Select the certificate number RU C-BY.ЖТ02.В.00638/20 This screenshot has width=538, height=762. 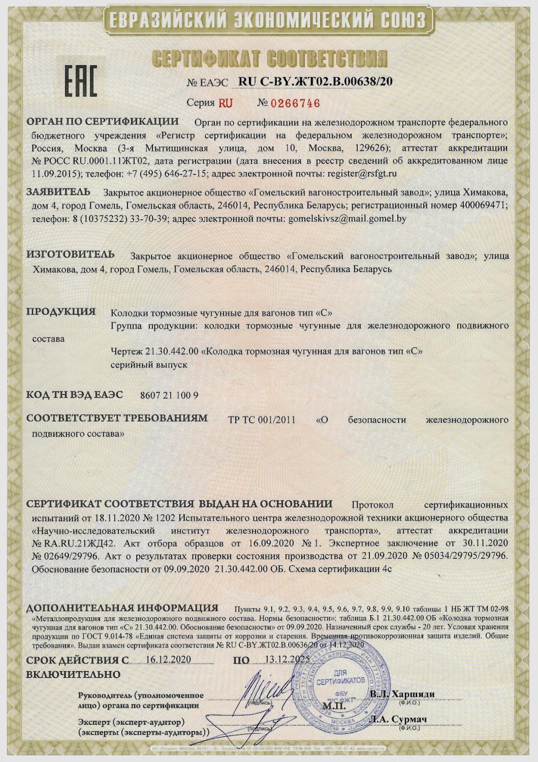pyautogui.click(x=315, y=82)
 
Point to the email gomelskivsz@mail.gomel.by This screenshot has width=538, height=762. pyautogui.click(x=347, y=219)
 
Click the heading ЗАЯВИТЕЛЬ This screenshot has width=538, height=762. pyautogui.click(x=58, y=192)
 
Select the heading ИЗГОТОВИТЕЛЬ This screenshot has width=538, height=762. pyautogui.click(x=70, y=255)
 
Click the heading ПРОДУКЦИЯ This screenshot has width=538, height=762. pyautogui.click(x=61, y=312)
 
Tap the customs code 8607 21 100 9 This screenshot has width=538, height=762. pyautogui.click(x=169, y=395)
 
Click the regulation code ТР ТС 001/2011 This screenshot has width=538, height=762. pyautogui.click(x=262, y=420)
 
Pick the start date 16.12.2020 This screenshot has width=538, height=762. pyautogui.click(x=168, y=659)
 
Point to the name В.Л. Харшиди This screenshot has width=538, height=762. pyautogui.click(x=402, y=694)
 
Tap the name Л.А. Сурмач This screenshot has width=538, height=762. pyautogui.click(x=399, y=719)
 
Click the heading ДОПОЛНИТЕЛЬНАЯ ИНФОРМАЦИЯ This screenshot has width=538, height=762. pyautogui.click(x=122, y=608)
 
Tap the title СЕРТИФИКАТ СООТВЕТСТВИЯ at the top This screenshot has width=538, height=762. pyautogui.click(x=269, y=59)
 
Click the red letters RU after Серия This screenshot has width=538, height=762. pyautogui.click(x=226, y=103)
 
